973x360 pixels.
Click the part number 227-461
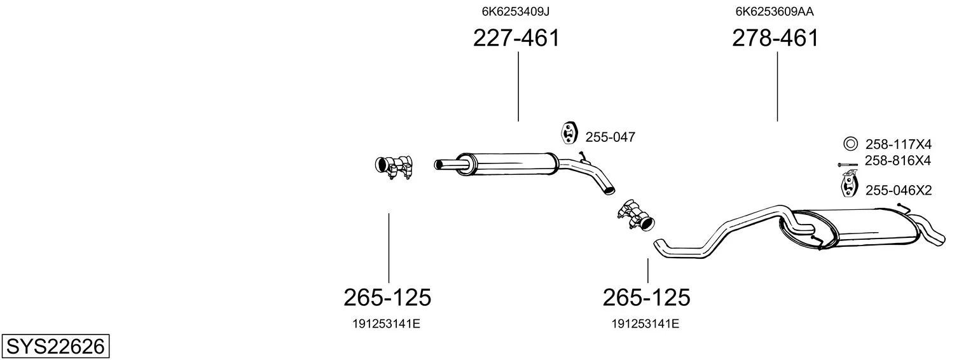click(516, 38)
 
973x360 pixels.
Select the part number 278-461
click(775, 38)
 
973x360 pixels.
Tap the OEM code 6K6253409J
click(516, 11)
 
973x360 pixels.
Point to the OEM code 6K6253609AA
click(775, 11)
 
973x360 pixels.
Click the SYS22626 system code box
click(55, 347)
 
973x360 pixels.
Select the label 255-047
click(611, 137)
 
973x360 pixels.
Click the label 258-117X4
click(899, 144)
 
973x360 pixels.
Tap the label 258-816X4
click(897, 161)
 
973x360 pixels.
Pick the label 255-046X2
click(899, 190)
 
